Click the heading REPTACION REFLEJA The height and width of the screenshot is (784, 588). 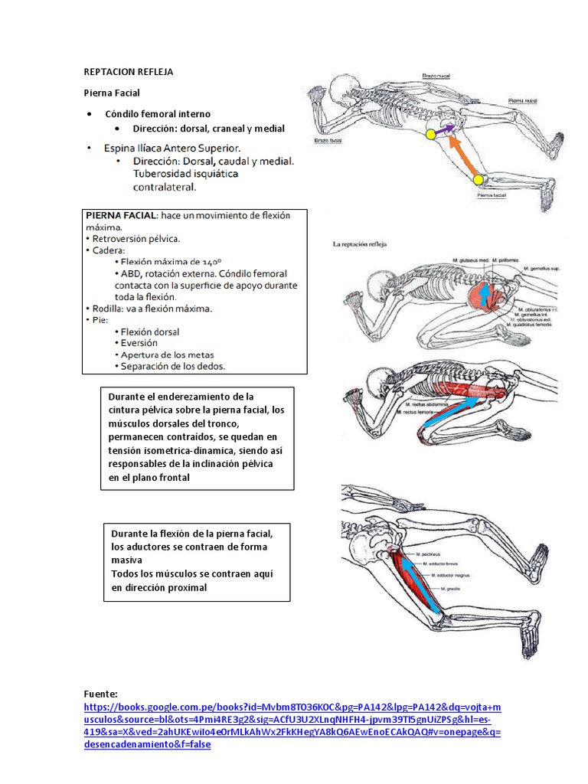[x=129, y=72]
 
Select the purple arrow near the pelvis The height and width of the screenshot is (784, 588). [x=446, y=131]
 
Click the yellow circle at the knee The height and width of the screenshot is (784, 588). [x=479, y=180]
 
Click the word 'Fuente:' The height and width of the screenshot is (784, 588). [x=101, y=693]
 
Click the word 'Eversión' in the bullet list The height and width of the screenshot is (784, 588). [x=139, y=343]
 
